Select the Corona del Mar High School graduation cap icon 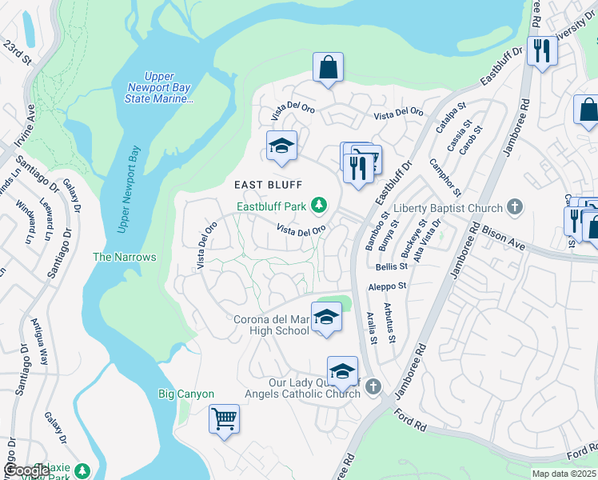click(x=325, y=318)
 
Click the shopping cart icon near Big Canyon click(x=225, y=418)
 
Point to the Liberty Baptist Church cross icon click(x=515, y=208)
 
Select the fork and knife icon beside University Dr click(x=542, y=52)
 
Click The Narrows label click(x=124, y=257)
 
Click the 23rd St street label click(x=15, y=54)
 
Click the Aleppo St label click(x=386, y=285)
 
